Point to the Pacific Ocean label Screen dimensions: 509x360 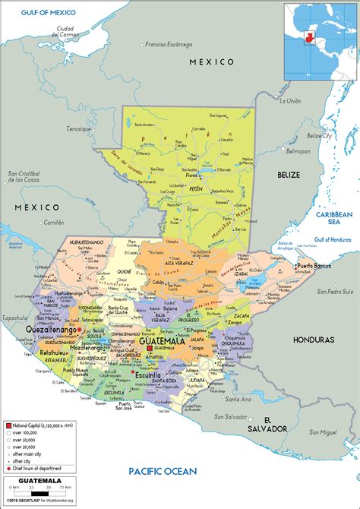(163, 471)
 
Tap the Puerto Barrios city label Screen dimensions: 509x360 (316, 266)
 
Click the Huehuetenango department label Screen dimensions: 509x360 (86, 241)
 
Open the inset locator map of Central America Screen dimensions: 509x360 (319, 42)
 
